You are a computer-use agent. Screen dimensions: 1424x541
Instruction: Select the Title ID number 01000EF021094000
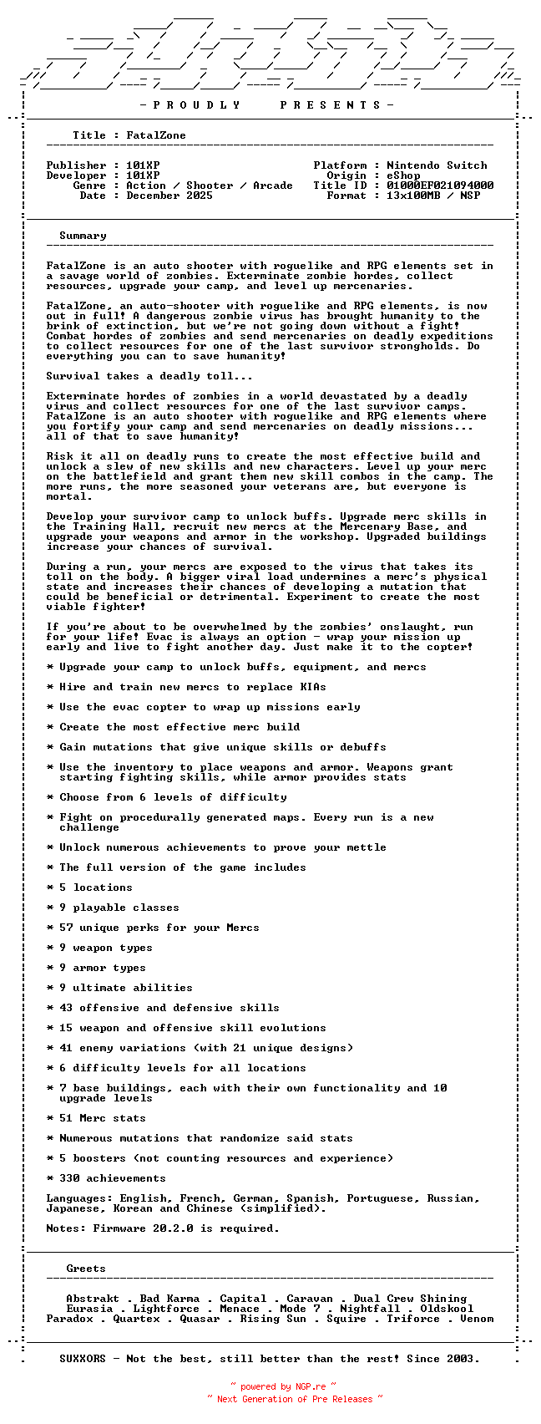click(440, 186)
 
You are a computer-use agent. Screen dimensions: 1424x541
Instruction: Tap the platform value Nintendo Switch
click(437, 165)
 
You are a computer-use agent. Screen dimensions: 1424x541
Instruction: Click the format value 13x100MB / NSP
click(433, 196)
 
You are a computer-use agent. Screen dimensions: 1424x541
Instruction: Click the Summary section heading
click(83, 236)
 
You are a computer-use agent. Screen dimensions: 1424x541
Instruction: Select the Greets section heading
click(86, 1269)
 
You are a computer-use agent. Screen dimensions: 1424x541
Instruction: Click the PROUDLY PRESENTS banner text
click(266, 105)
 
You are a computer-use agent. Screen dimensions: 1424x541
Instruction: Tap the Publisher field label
click(76, 165)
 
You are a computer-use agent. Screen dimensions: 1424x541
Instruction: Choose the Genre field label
click(89, 186)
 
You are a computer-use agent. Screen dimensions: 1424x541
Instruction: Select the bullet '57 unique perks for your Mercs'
click(159, 928)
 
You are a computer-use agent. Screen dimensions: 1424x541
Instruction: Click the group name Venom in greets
click(477, 1319)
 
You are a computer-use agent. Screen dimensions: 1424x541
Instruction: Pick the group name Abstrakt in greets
click(93, 1299)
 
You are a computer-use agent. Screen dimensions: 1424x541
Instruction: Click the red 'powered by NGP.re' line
click(284, 1386)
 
